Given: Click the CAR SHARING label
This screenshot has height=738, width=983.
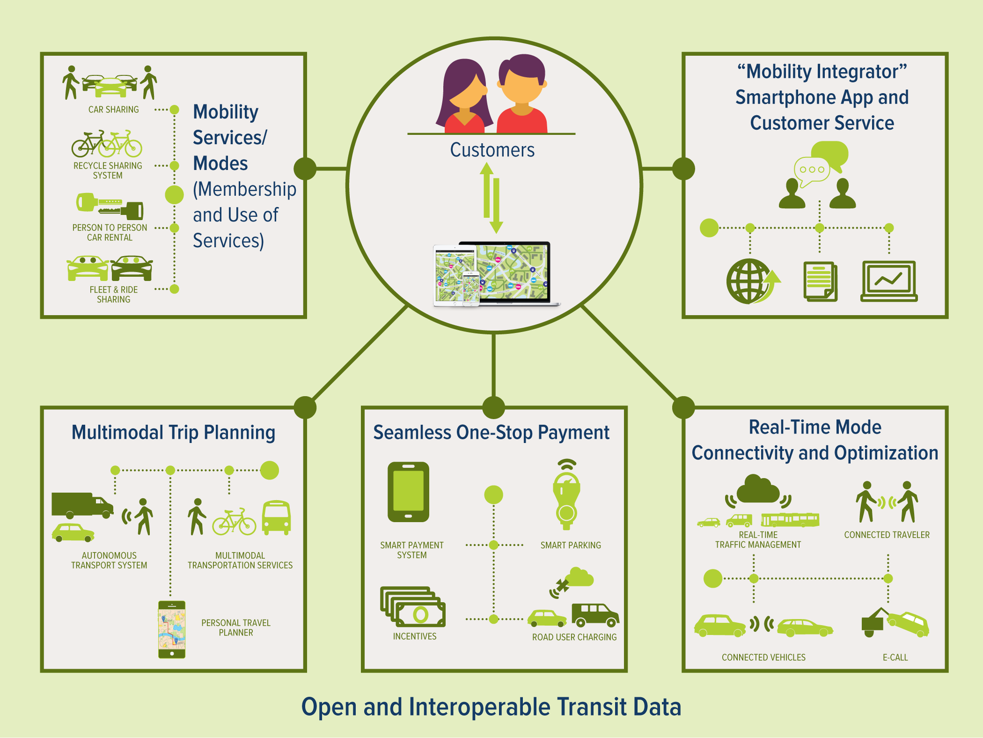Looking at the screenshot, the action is coord(114,110).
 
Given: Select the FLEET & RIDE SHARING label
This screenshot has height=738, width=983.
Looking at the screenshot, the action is coord(114,295).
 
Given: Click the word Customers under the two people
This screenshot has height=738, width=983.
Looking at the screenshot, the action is coord(492,150).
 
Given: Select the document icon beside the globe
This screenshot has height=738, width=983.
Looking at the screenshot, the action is coord(821,281).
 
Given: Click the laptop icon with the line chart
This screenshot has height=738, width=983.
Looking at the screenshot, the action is coord(889,281).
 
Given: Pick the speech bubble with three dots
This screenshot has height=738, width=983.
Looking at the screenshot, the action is coord(812,171).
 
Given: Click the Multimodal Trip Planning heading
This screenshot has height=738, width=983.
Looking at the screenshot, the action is coord(173,433).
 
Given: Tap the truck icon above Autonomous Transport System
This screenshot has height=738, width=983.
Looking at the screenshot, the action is coord(82,505).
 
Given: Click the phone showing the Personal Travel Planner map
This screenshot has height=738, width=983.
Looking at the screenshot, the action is coord(172,629).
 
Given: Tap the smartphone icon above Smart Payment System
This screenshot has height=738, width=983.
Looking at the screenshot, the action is coord(408,492).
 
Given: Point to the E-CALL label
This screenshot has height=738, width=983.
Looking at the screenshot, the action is coord(895,657).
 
